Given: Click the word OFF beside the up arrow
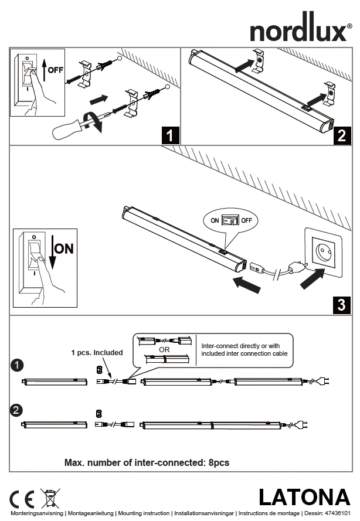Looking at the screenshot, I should (x=56, y=70).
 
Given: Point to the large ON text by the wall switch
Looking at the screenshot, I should (x=64, y=248).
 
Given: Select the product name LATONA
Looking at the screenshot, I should (x=304, y=498).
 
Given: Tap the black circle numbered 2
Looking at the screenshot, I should (x=18, y=410).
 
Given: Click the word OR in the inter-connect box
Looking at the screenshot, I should (x=164, y=349).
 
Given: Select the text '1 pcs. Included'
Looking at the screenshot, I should (x=97, y=353).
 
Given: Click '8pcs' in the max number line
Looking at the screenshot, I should (x=218, y=462).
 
